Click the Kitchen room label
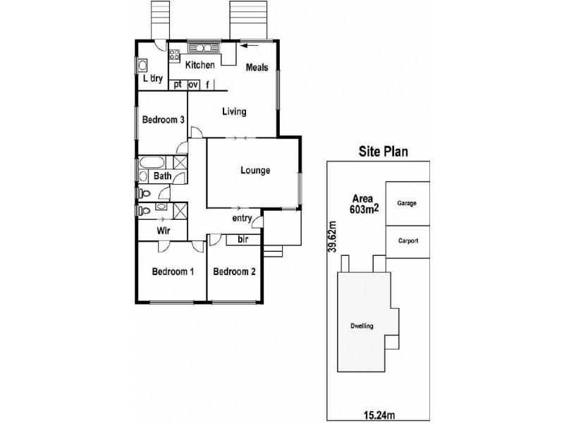coord(200,65)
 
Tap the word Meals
coord(257,67)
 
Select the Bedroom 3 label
coord(164,119)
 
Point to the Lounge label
coord(255,170)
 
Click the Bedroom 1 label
coord(173,271)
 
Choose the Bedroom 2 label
coord(234,271)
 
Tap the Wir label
coord(164,231)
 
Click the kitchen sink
coord(204,48)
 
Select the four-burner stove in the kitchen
coord(174,55)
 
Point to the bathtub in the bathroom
coord(152,163)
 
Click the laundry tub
coord(143,66)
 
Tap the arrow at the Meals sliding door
coord(250,45)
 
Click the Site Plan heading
coord(383,152)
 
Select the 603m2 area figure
coord(364,209)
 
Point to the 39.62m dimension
coord(333,236)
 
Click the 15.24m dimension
coord(379,416)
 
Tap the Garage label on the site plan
coord(407,203)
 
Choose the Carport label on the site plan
coord(408,241)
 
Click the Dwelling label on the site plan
coord(362,326)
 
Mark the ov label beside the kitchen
coord(193,85)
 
